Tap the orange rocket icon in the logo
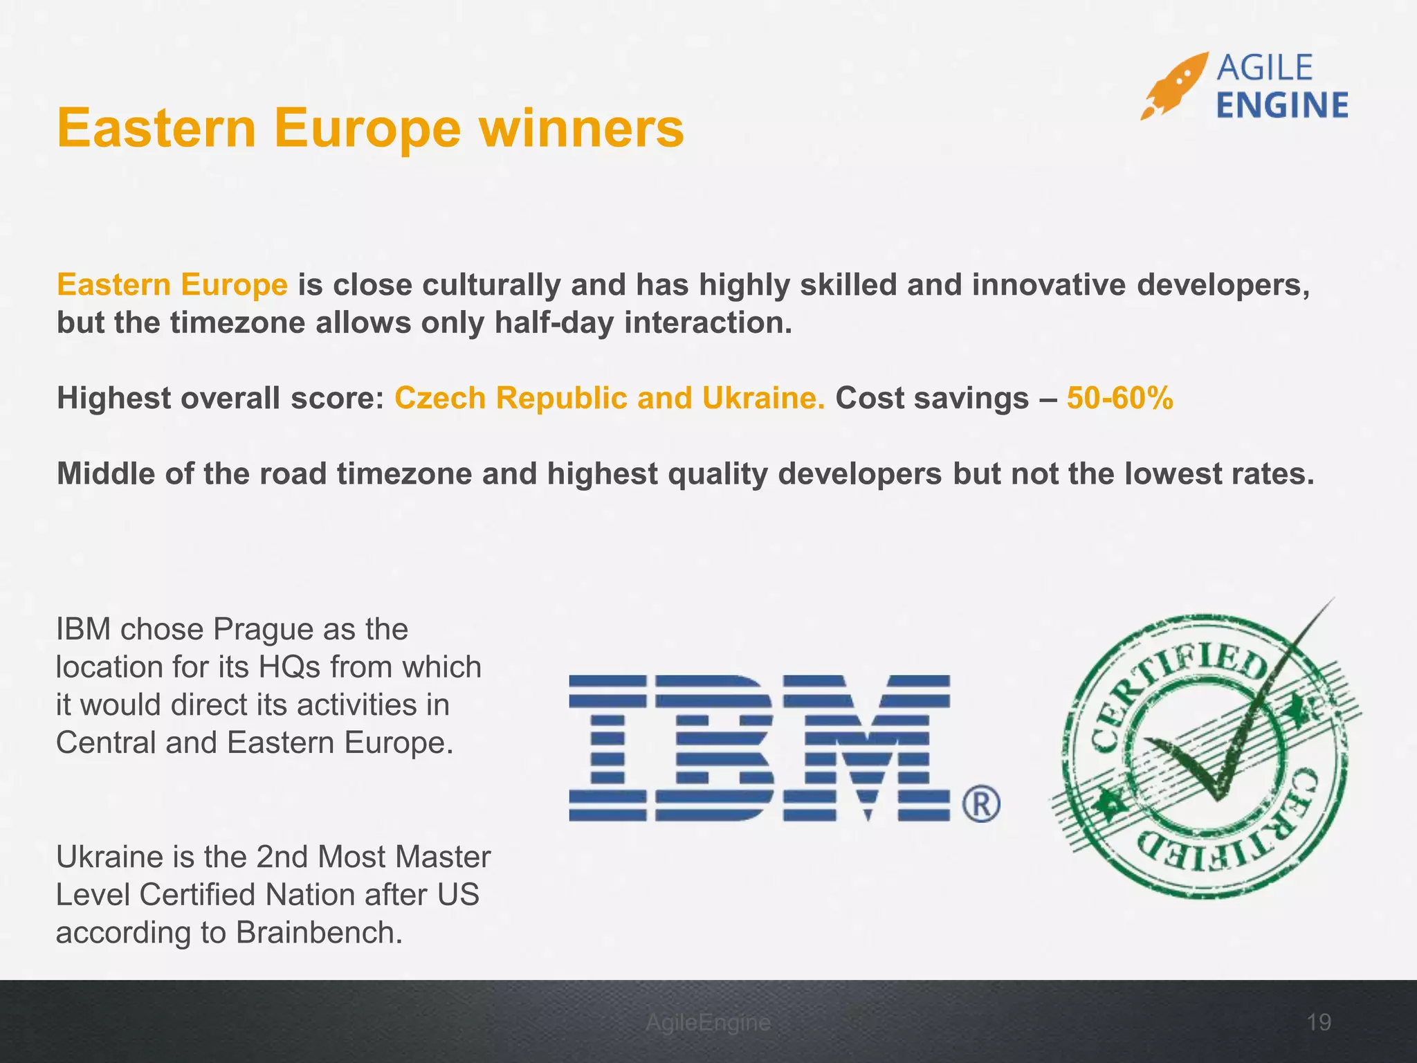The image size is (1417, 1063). (x=1173, y=86)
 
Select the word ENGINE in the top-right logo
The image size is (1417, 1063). (x=1281, y=106)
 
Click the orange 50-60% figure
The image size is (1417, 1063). (x=1119, y=399)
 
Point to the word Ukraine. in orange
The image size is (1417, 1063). (x=763, y=399)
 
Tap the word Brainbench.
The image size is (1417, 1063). (x=319, y=933)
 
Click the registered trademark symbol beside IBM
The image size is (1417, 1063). (x=980, y=804)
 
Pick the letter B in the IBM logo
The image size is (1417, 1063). (x=713, y=747)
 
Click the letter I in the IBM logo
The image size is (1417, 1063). (x=607, y=747)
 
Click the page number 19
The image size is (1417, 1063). (x=1319, y=1022)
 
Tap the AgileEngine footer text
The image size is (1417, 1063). (x=708, y=1022)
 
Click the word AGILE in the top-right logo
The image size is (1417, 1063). (x=1264, y=68)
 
